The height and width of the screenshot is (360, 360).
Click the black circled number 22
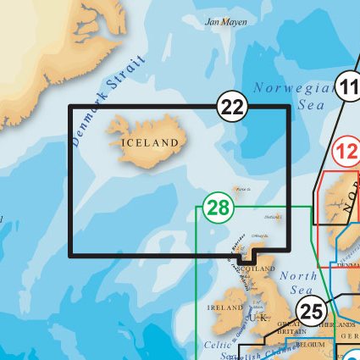click(232, 107)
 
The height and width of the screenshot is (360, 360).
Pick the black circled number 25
click(312, 311)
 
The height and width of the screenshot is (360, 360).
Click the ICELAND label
click(151, 142)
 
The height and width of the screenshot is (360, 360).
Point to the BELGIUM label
click(312, 346)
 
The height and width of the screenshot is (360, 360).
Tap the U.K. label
click(261, 317)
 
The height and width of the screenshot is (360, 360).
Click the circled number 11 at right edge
click(349, 87)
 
